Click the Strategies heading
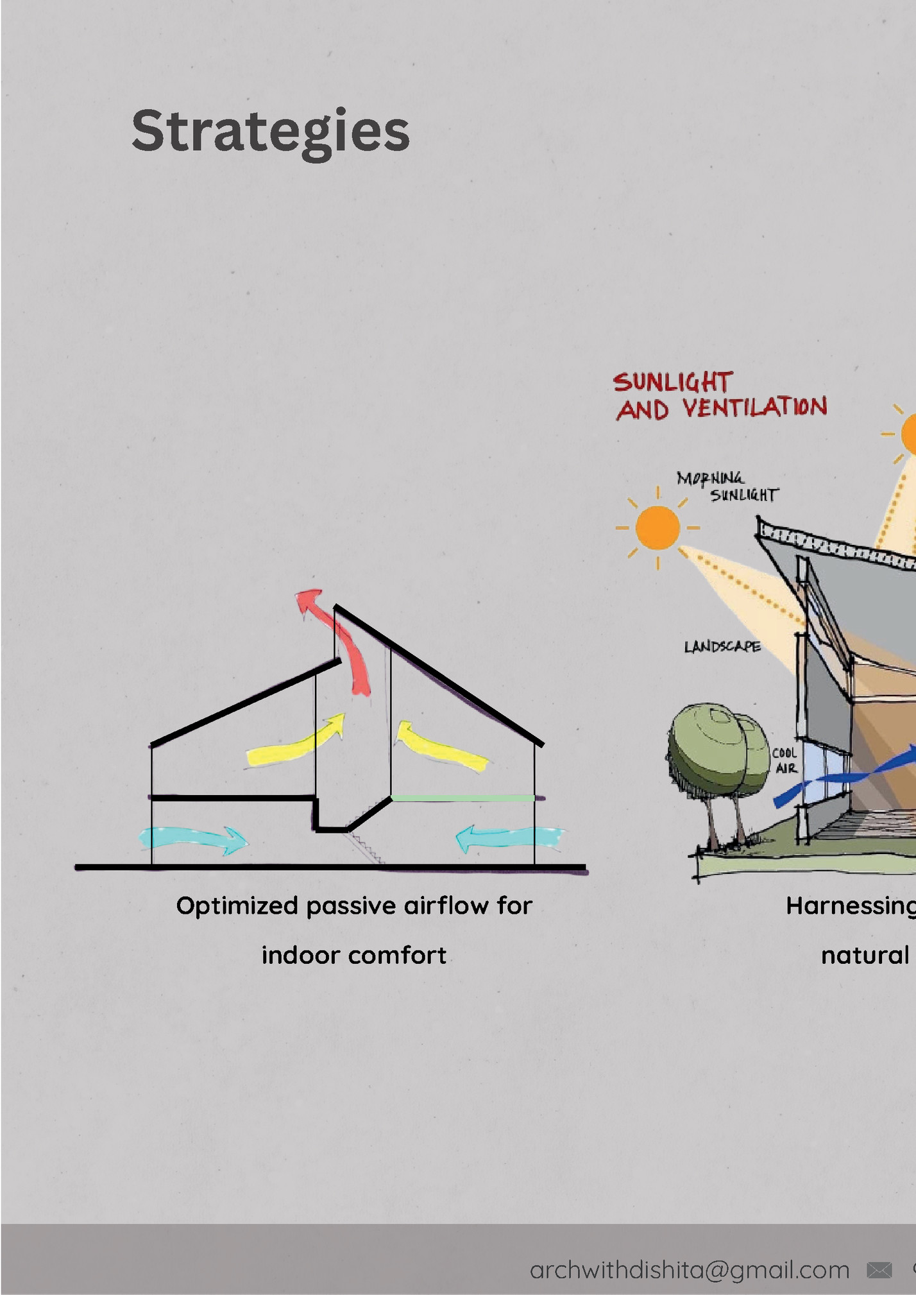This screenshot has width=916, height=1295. (270, 132)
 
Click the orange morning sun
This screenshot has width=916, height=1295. (657, 527)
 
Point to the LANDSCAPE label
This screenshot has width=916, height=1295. (722, 646)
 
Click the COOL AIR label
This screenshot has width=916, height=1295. (785, 760)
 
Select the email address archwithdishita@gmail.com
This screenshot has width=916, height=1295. (689, 1270)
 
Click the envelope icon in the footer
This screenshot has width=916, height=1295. (879, 1270)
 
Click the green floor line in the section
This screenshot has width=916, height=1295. (462, 798)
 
